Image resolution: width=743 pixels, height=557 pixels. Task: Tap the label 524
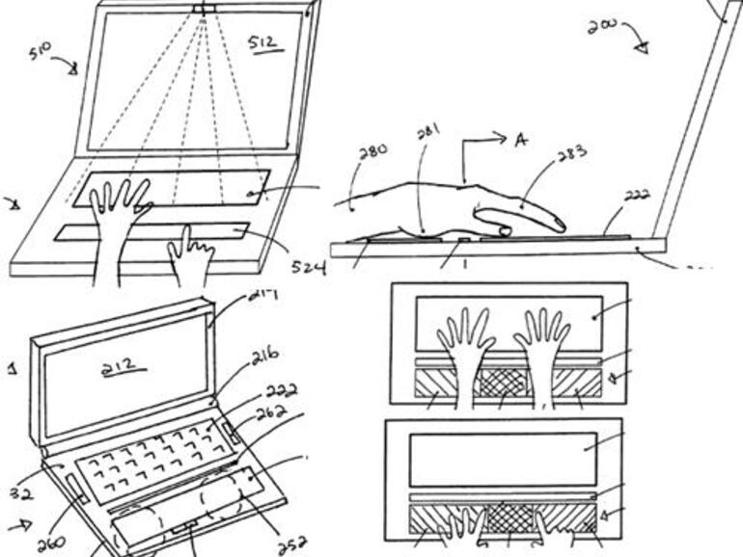[308, 262]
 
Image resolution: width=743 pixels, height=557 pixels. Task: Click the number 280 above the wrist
[372, 151]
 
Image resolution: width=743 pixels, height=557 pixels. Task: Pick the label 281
[429, 132]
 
